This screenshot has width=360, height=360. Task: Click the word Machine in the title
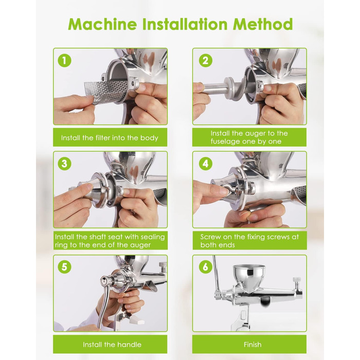[x=102, y=24]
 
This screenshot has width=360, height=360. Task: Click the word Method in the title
[x=263, y=24]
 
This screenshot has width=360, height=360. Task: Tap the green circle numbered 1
[x=64, y=61]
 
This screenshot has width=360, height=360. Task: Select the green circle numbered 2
[x=205, y=61]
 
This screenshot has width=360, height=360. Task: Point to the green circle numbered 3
[x=64, y=164]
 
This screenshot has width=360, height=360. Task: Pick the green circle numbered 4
[x=205, y=164]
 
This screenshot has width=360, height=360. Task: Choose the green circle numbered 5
[x=64, y=267]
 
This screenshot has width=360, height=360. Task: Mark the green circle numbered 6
[x=205, y=267]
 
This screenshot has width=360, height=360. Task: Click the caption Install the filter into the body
[x=110, y=138]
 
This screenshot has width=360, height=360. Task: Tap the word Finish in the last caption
[x=253, y=345]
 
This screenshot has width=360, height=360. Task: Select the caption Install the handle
[x=112, y=345]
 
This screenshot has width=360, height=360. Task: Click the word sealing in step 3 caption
[x=153, y=237]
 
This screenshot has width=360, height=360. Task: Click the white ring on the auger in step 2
[x=230, y=88]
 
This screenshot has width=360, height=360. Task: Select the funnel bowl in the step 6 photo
[x=249, y=277]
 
